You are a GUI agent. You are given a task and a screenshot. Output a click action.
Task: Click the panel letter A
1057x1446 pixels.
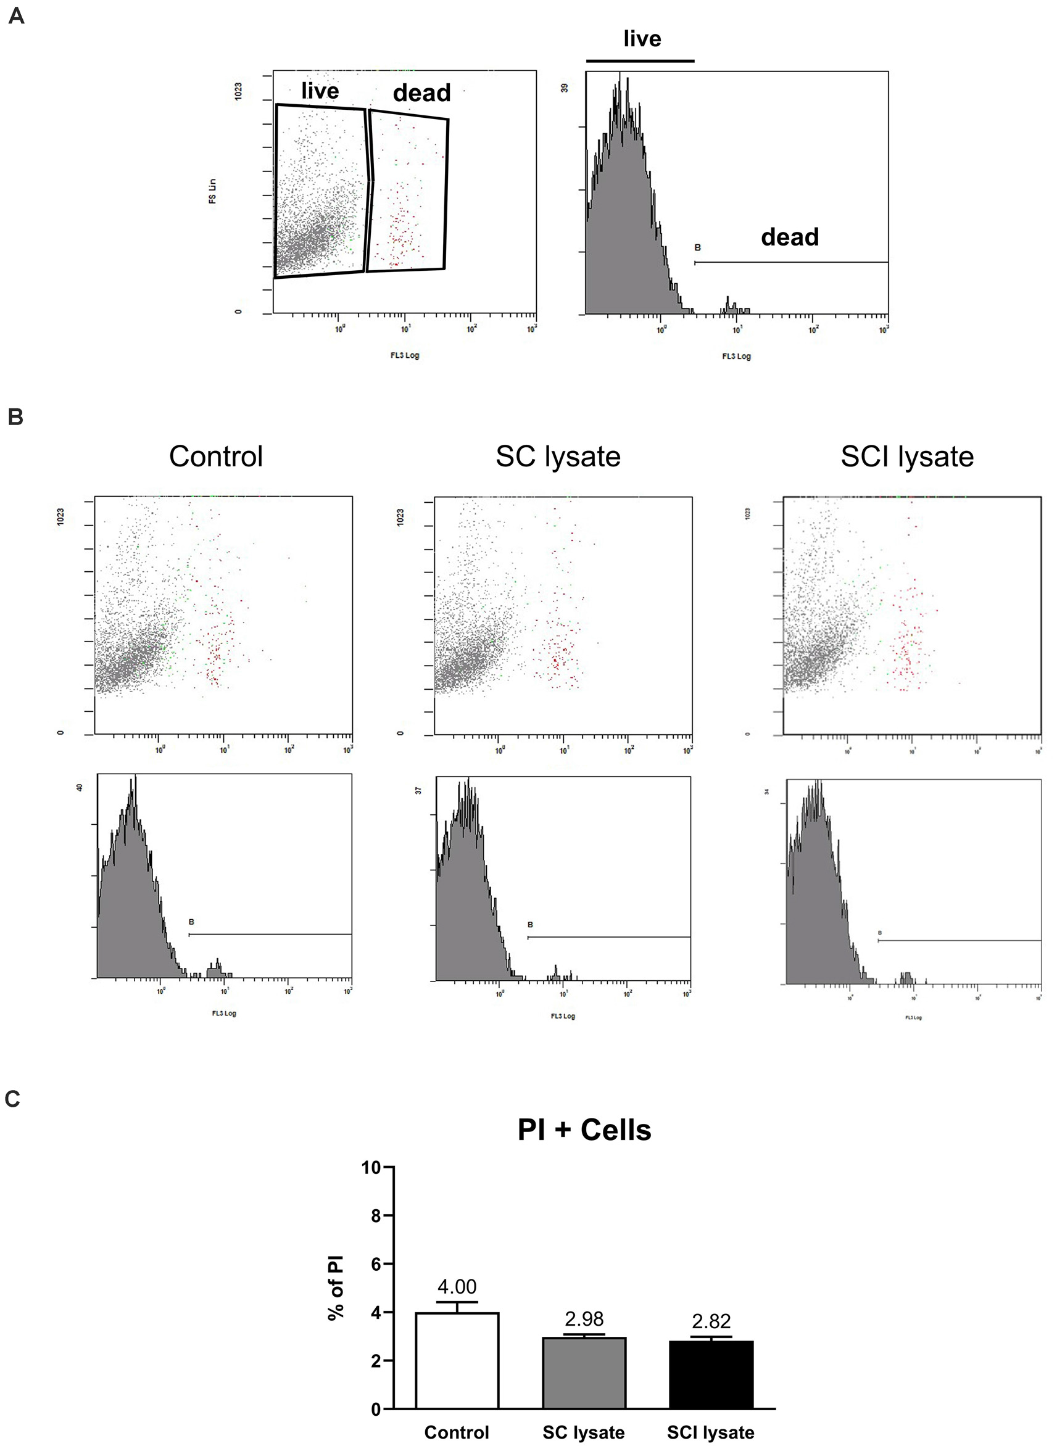16,15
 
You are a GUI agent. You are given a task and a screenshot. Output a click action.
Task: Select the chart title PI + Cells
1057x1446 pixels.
584,1130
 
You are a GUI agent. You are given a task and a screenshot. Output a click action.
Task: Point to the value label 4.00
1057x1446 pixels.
457,1287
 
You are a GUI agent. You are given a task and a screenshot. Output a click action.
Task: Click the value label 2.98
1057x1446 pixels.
584,1319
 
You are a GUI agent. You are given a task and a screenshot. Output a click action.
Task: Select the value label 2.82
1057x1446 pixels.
711,1321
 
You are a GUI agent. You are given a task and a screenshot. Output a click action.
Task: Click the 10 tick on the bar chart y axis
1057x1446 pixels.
371,1168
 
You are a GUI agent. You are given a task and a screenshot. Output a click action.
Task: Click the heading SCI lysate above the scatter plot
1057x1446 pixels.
906,457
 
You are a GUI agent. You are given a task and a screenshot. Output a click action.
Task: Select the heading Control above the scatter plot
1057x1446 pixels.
215,457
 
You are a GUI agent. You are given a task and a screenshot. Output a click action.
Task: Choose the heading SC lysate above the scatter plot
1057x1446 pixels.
558,457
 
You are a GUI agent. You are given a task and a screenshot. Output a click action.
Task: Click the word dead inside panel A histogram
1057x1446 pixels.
790,238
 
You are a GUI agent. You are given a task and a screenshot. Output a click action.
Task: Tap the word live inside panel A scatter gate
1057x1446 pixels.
320,91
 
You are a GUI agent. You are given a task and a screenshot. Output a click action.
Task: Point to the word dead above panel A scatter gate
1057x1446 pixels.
421,93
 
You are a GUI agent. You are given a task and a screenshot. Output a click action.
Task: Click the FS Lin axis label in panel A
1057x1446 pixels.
212,191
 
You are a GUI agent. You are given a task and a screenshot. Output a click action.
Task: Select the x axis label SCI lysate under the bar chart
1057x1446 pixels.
710,1432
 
